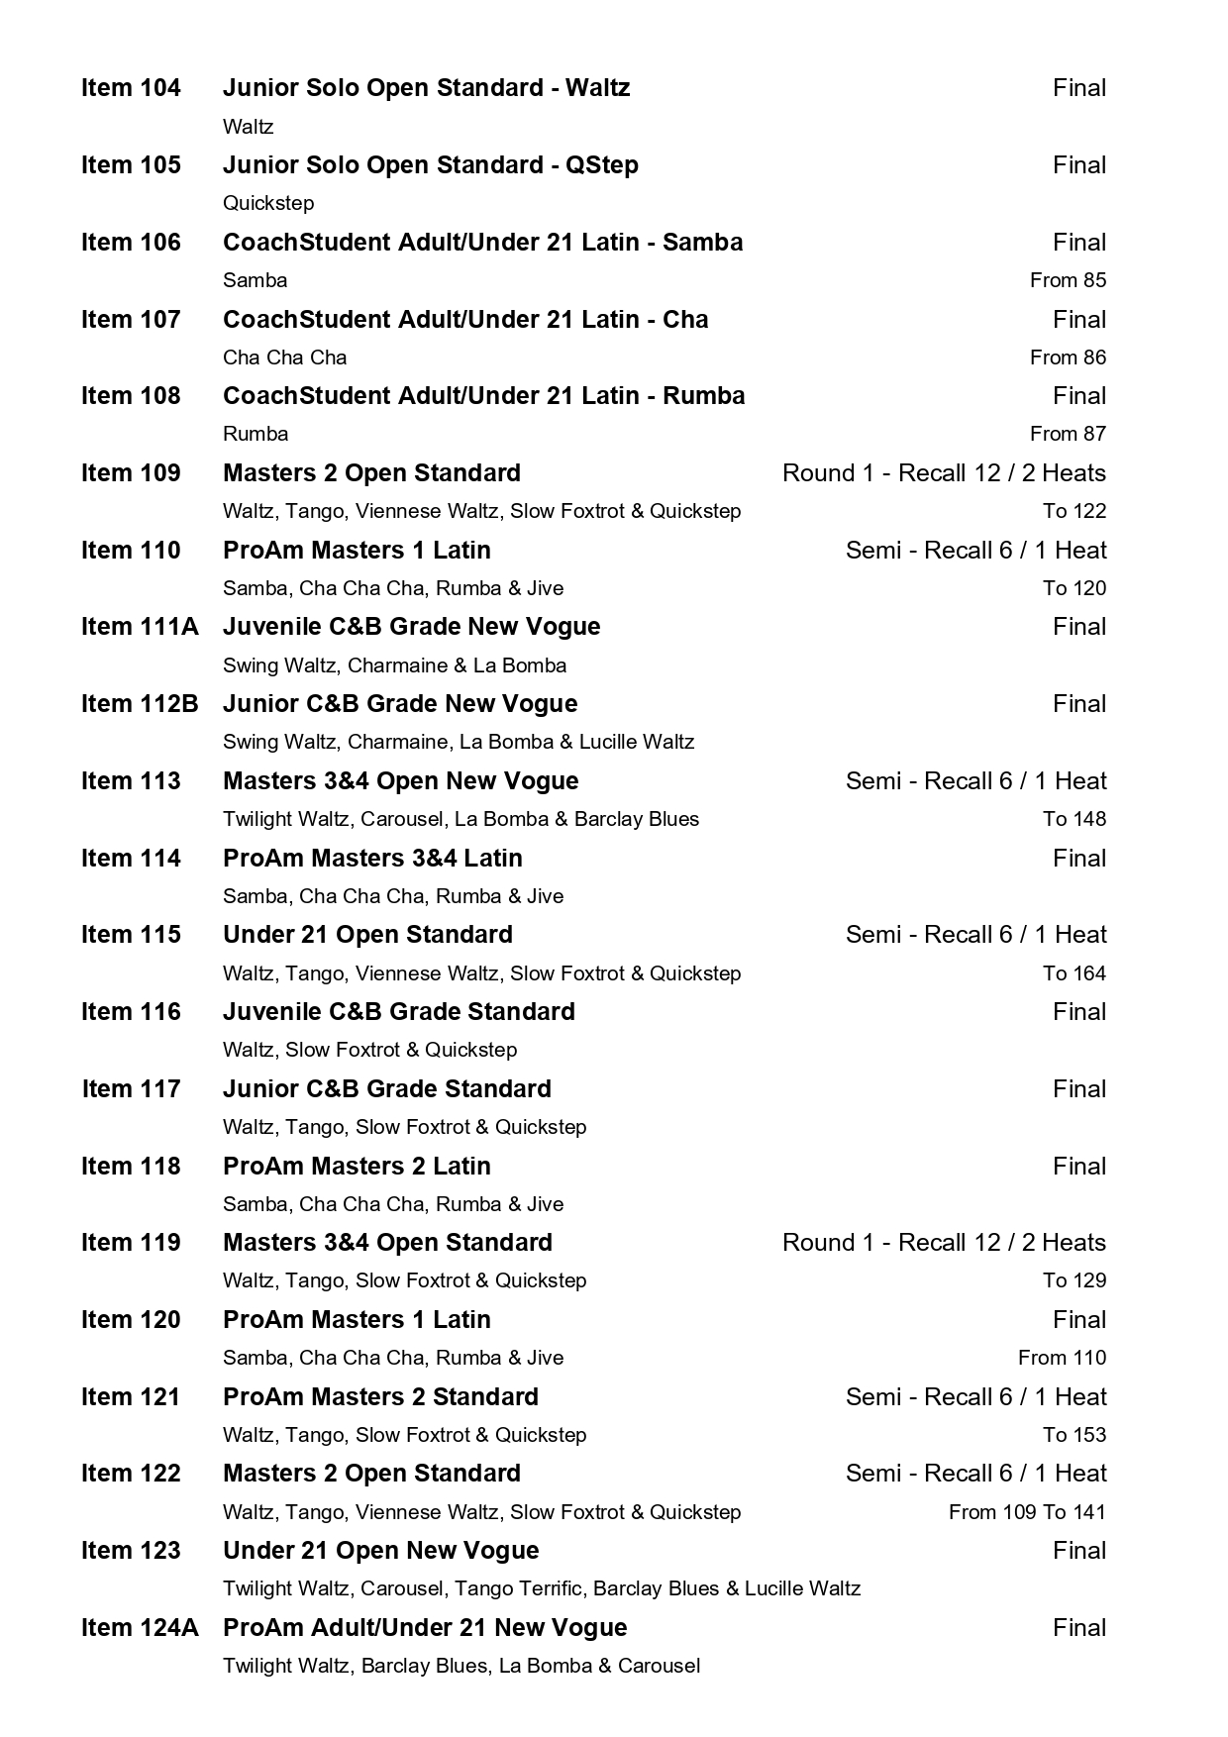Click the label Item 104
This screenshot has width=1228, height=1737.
pos(131,88)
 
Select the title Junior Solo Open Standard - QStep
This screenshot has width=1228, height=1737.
pos(430,165)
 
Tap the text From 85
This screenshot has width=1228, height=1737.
pos(1067,280)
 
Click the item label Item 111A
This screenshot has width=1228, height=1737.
pos(140,627)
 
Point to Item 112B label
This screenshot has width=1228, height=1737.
pos(140,704)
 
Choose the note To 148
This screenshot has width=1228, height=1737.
pos(1074,819)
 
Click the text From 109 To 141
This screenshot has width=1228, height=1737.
pos(1026,1512)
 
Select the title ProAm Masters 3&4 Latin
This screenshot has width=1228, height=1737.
pos(372,859)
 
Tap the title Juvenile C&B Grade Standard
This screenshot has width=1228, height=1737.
pos(398,1012)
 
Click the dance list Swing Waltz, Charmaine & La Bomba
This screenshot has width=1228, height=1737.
pos(394,665)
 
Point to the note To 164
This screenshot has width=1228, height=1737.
pos(1074,973)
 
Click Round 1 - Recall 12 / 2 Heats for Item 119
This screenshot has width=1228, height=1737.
pos(943,1243)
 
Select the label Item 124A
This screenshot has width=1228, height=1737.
pos(140,1628)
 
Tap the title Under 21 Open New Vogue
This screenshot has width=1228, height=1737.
pos(380,1551)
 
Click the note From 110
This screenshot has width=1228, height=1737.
pos(1062,1358)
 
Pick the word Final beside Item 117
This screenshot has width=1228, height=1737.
pos(1078,1089)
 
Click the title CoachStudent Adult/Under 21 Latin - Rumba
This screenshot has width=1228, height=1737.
pos(483,396)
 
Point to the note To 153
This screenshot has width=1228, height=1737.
pos(1074,1435)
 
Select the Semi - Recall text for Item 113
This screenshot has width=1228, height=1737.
pos(975,781)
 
